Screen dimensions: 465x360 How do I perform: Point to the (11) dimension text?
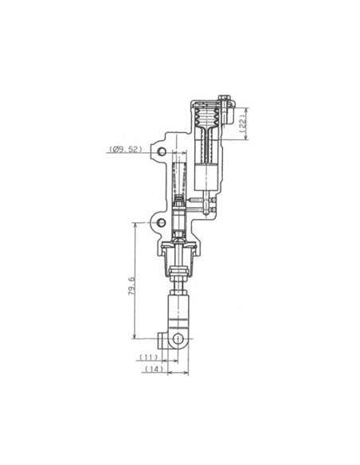click(148, 358)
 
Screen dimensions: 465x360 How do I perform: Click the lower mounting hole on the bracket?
click(162, 221)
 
